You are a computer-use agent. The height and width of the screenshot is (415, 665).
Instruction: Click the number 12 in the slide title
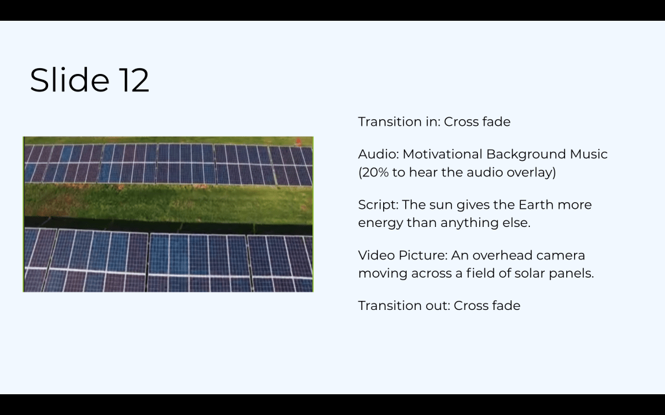pyautogui.click(x=134, y=80)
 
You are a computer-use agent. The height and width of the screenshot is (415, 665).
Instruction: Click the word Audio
pyautogui.click(x=379, y=154)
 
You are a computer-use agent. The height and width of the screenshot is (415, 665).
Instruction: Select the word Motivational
pyautogui.click(x=442, y=154)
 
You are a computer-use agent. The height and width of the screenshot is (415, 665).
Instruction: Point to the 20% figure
pyautogui.click(x=373, y=172)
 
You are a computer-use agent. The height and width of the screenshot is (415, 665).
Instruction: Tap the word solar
pyautogui.click(x=529, y=273)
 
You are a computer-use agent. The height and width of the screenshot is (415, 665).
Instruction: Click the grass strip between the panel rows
pyautogui.click(x=168, y=202)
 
